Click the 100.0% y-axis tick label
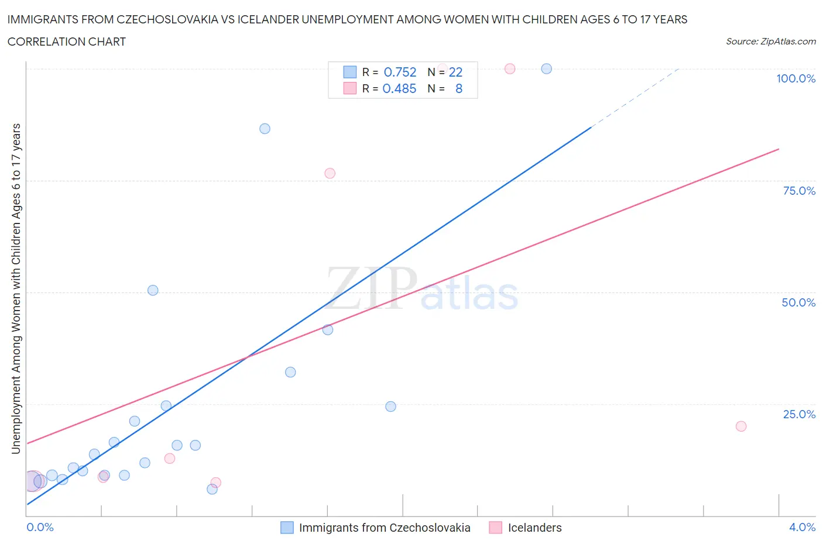pos(795,78)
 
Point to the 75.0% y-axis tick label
pos(799,191)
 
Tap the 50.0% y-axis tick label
pos(798,302)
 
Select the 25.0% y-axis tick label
pos(799,414)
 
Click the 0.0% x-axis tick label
pos(40,527)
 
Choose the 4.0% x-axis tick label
pos(802,527)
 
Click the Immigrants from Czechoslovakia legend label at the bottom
pos(385,528)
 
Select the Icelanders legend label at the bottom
pos(534,528)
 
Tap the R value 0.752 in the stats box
pos(400,72)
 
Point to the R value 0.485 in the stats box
pos(399,88)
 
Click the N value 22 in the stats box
pos(455,72)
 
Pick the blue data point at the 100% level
pos(547,68)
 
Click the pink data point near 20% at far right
pos(741,426)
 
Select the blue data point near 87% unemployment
pos(265,129)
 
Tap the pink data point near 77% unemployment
pos(330,173)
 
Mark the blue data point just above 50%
pos(153,290)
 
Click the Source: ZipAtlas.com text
pos(770,42)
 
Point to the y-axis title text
pos(16,288)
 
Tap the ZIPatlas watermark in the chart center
pos(421,288)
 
